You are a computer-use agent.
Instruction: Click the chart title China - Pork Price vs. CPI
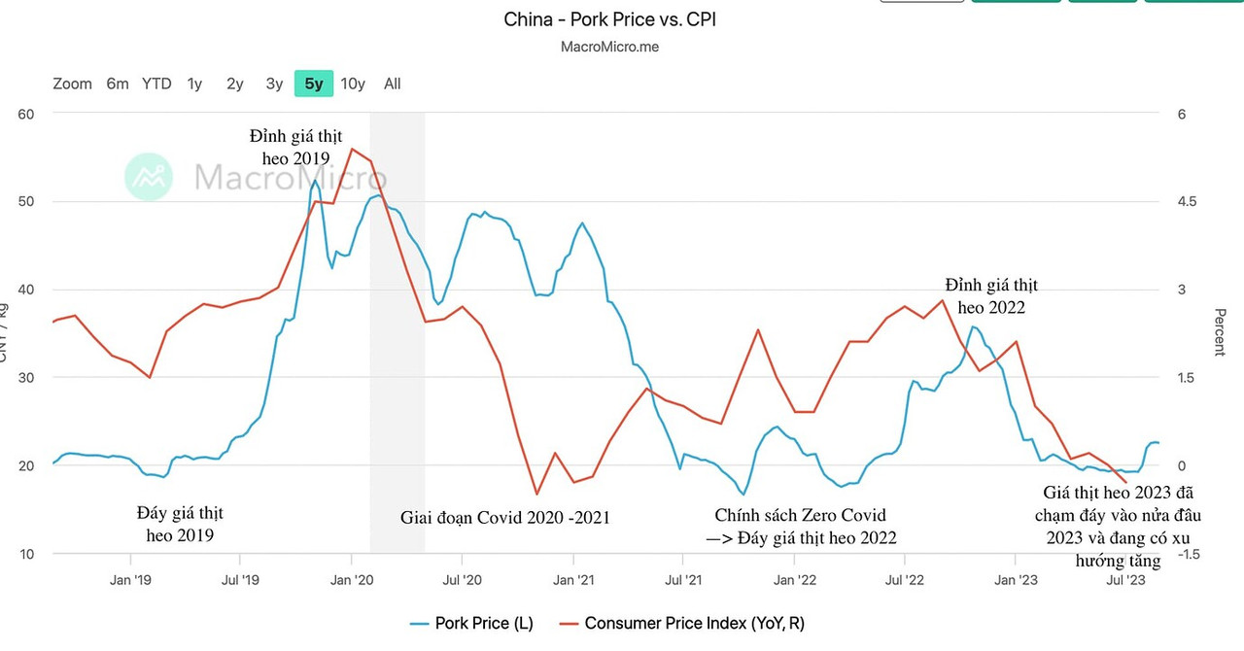click(x=609, y=19)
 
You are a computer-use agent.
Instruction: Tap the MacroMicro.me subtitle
click(x=609, y=47)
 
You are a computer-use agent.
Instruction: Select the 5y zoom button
click(x=314, y=84)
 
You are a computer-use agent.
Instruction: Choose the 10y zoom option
click(x=353, y=84)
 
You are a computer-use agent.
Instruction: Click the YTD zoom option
click(x=156, y=84)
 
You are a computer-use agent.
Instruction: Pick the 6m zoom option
click(x=118, y=84)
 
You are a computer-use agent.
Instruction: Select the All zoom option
click(x=392, y=84)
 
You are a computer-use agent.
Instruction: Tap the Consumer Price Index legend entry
click(x=681, y=623)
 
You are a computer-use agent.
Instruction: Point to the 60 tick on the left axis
click(x=25, y=114)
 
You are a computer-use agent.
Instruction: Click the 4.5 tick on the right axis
click(x=1188, y=201)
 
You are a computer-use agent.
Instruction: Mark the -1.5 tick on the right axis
click(x=1188, y=554)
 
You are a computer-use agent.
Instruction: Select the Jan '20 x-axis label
click(x=351, y=580)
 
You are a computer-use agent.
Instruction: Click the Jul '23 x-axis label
click(x=1126, y=580)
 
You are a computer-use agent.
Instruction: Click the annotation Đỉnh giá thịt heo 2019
click(x=295, y=146)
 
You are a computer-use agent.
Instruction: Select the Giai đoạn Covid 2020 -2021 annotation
click(x=505, y=517)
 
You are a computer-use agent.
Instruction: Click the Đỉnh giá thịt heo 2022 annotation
click(x=991, y=295)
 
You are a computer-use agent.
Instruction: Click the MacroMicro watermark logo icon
click(x=149, y=177)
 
